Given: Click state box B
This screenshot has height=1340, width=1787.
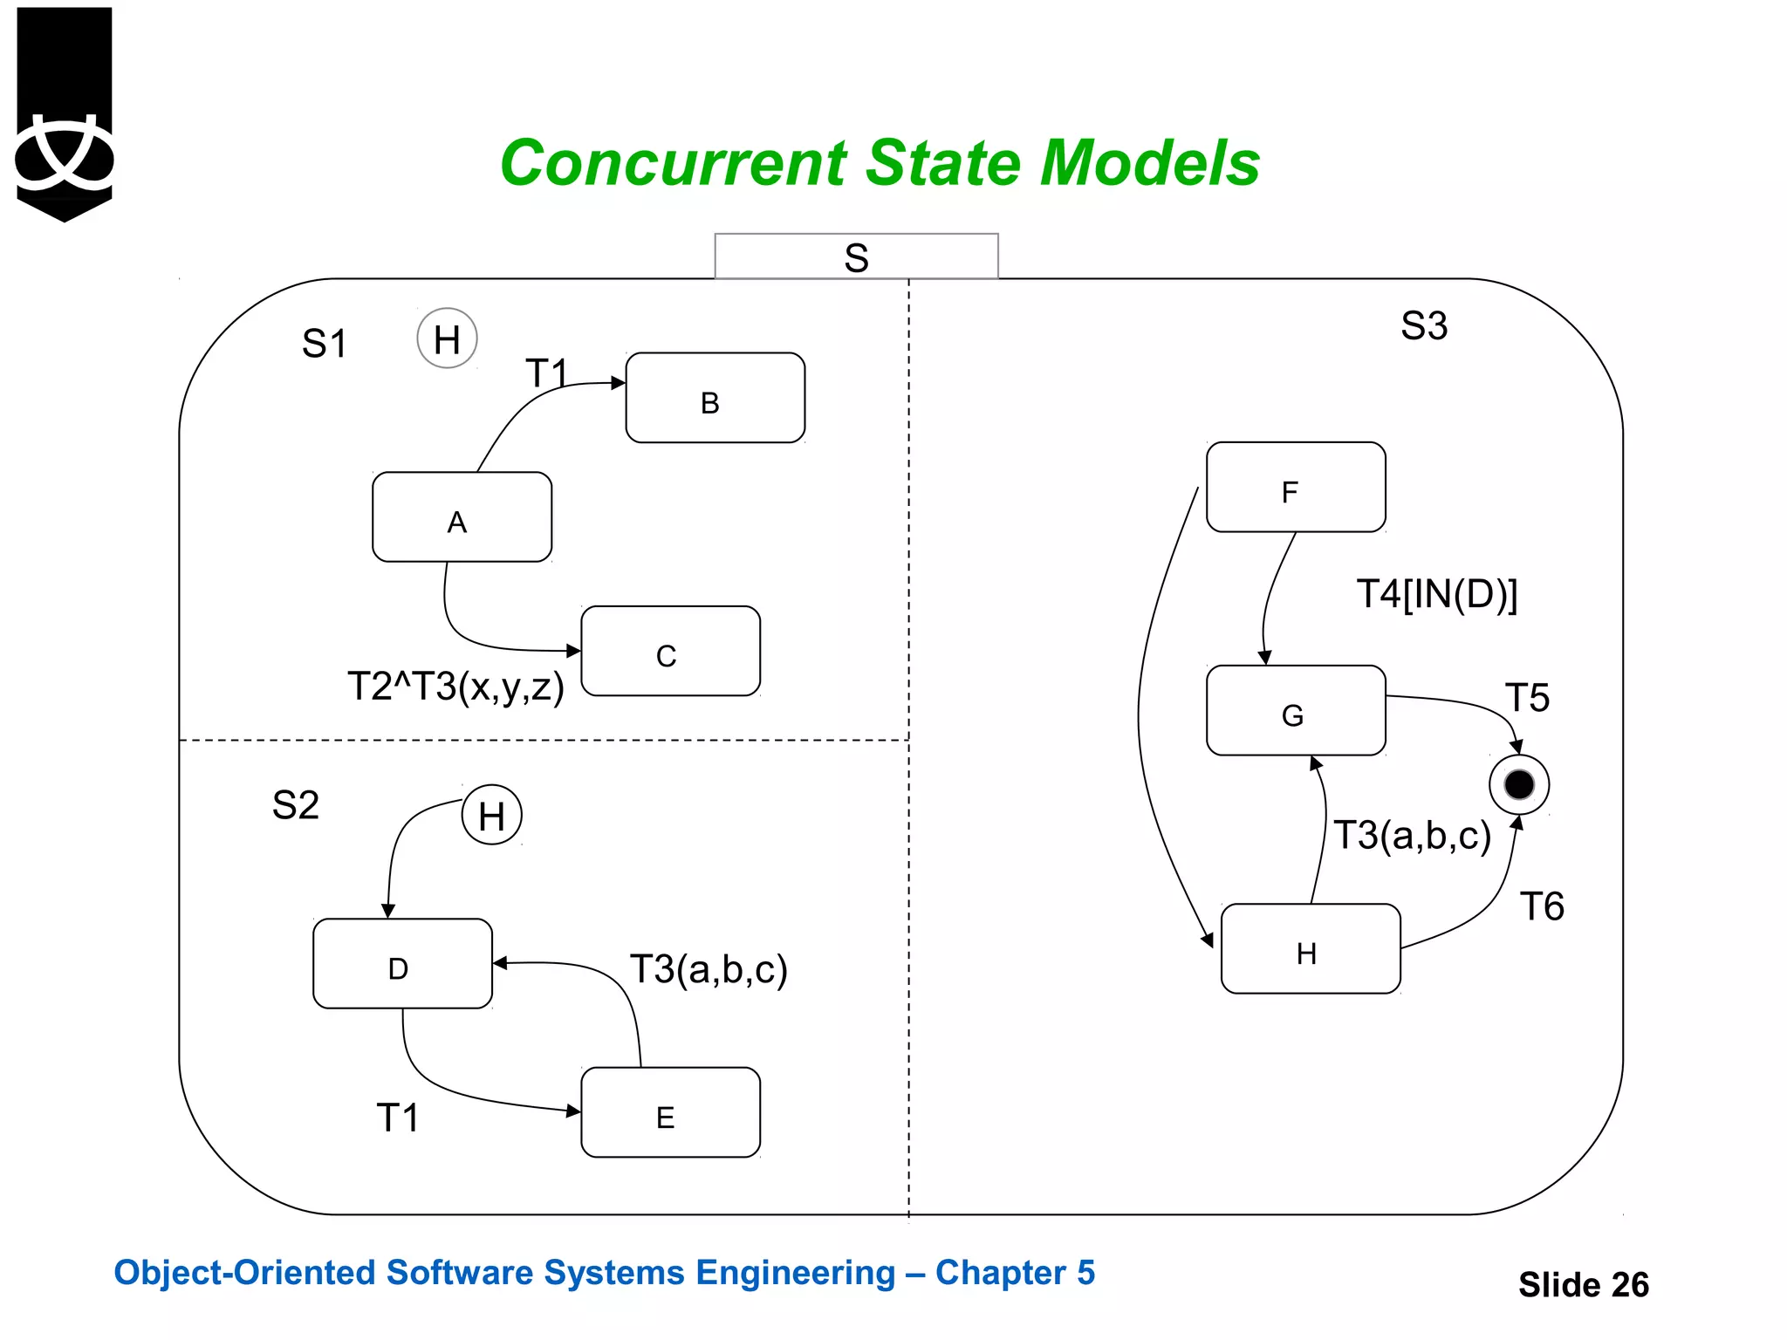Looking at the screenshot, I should (715, 398).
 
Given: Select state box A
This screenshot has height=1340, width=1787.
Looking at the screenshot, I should (462, 517).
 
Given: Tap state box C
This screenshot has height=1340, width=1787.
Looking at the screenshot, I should (670, 651).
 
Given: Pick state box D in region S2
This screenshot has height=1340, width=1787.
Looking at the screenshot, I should (402, 964).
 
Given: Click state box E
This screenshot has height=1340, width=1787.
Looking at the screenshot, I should (670, 1112).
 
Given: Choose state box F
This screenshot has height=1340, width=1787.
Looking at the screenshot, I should (1296, 488).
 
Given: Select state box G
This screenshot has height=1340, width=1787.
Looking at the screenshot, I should (1296, 711).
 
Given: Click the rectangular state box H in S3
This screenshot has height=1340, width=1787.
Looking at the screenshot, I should (1311, 949).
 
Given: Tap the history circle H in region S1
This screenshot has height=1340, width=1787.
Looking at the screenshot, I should (447, 338).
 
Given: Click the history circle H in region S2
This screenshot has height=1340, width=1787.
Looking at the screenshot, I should (491, 816).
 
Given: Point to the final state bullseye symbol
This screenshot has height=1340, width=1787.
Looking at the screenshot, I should (1519, 784).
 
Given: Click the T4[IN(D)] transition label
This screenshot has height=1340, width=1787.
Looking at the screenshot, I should (1437, 594).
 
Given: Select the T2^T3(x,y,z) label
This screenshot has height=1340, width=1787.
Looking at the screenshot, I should (455, 687).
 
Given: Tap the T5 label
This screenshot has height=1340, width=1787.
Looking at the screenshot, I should (1527, 698).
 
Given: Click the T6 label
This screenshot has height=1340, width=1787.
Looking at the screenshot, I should (1542, 906).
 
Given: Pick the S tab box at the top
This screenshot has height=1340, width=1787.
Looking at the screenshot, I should (856, 256).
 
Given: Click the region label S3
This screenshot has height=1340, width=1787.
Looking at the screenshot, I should (1424, 326).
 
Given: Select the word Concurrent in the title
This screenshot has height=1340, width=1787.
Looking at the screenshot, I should (674, 163).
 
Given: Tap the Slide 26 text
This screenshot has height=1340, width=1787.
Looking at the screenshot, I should (1583, 1284).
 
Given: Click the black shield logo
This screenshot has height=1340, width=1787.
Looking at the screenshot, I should (65, 113).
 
